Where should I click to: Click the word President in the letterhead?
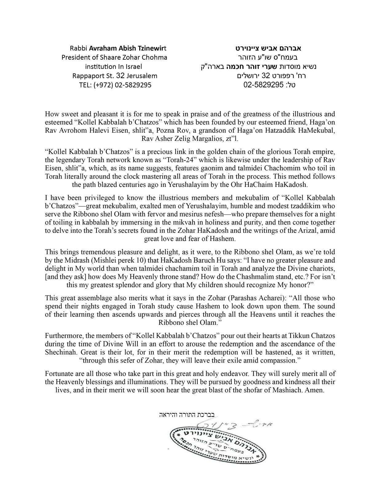tap(75, 58)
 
